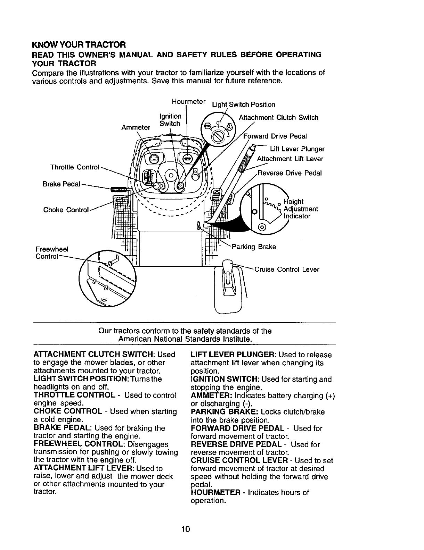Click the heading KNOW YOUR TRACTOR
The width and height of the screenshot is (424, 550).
(x=79, y=45)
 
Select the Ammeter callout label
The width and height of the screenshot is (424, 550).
(x=136, y=127)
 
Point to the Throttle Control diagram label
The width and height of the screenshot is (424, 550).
(x=75, y=167)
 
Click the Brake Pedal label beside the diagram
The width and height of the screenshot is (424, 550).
(x=61, y=184)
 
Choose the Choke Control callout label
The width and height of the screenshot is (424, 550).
(x=66, y=210)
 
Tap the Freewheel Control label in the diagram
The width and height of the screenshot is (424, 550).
(x=52, y=253)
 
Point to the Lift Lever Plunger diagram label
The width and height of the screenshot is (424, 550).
(x=297, y=149)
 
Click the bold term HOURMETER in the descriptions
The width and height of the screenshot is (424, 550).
(x=215, y=493)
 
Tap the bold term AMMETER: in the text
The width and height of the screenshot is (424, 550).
(x=212, y=396)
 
